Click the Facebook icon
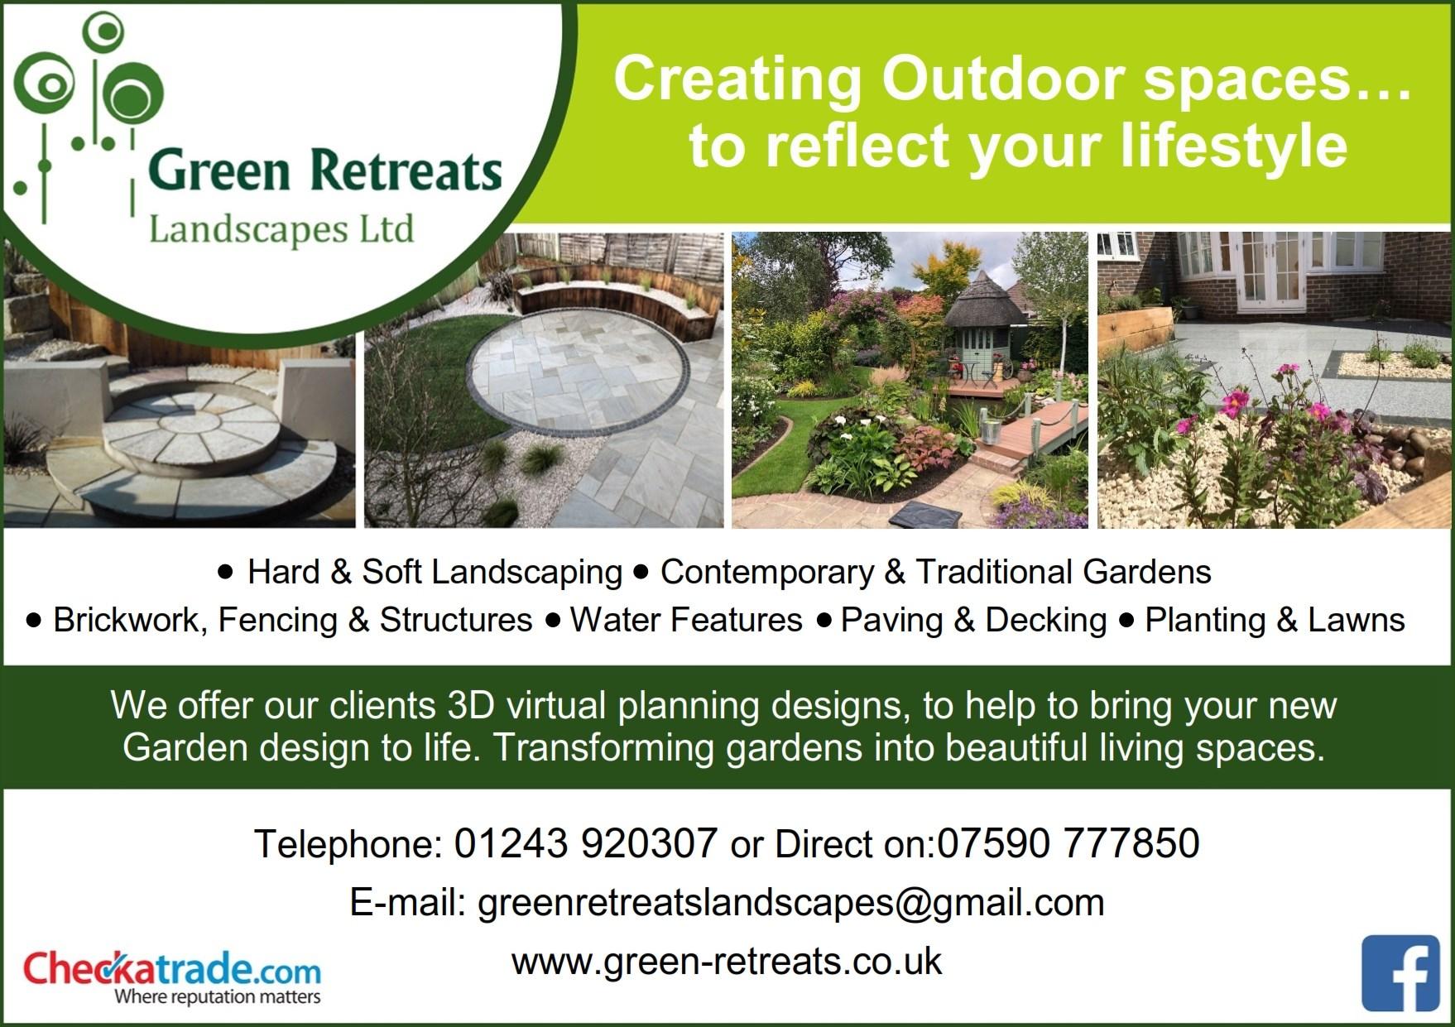click(1400, 974)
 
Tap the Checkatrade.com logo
click(172, 977)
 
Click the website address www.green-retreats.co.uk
click(727, 962)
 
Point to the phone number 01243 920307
click(585, 843)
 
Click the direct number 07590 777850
click(1068, 843)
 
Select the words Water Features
click(686, 620)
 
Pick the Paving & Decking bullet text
click(973, 621)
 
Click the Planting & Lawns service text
click(1275, 621)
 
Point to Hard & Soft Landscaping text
click(435, 573)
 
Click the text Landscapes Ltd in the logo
click(281, 229)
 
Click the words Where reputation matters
click(217, 996)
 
